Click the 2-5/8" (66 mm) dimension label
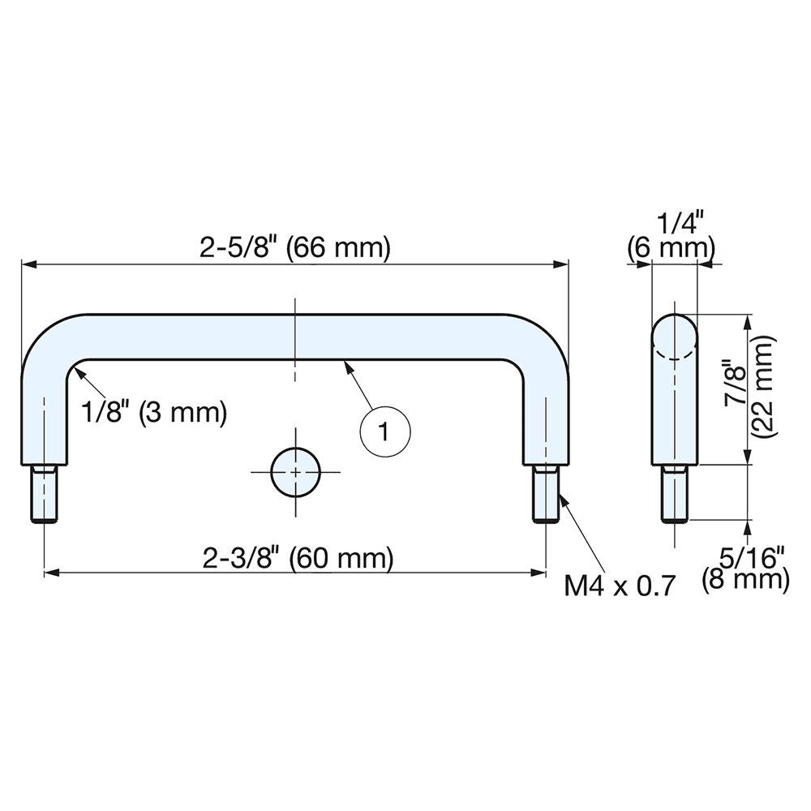pyautogui.click(x=295, y=248)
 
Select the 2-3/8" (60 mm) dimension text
pyautogui.click(x=298, y=559)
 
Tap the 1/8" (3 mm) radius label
pyautogui.click(x=154, y=412)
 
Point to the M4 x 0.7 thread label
pyautogui.click(x=620, y=586)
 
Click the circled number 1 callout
pyautogui.click(x=384, y=431)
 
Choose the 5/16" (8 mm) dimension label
pyautogui.click(x=745, y=569)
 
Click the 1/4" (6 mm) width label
pyautogui.click(x=672, y=237)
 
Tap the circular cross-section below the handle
pyautogui.click(x=295, y=472)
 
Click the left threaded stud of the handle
pyautogui.click(x=45, y=493)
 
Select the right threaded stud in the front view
pyautogui.click(x=546, y=493)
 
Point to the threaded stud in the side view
pyautogui.click(x=675, y=493)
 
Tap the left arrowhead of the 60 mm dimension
pyautogui.click(x=52, y=573)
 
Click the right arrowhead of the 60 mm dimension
pyautogui.click(x=539, y=573)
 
